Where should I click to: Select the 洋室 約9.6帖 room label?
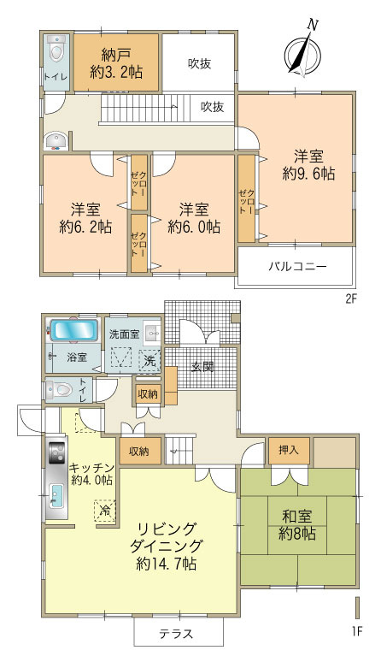pyautogui.click(x=308, y=164)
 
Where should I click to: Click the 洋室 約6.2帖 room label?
pyautogui.click(x=85, y=218)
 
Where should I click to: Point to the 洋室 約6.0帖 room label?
pyautogui.click(x=193, y=218)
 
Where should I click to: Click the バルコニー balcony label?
pyautogui.click(x=296, y=267)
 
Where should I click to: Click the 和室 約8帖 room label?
pyautogui.click(x=296, y=524)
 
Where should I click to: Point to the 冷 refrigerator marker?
pyautogui.click(x=103, y=510)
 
